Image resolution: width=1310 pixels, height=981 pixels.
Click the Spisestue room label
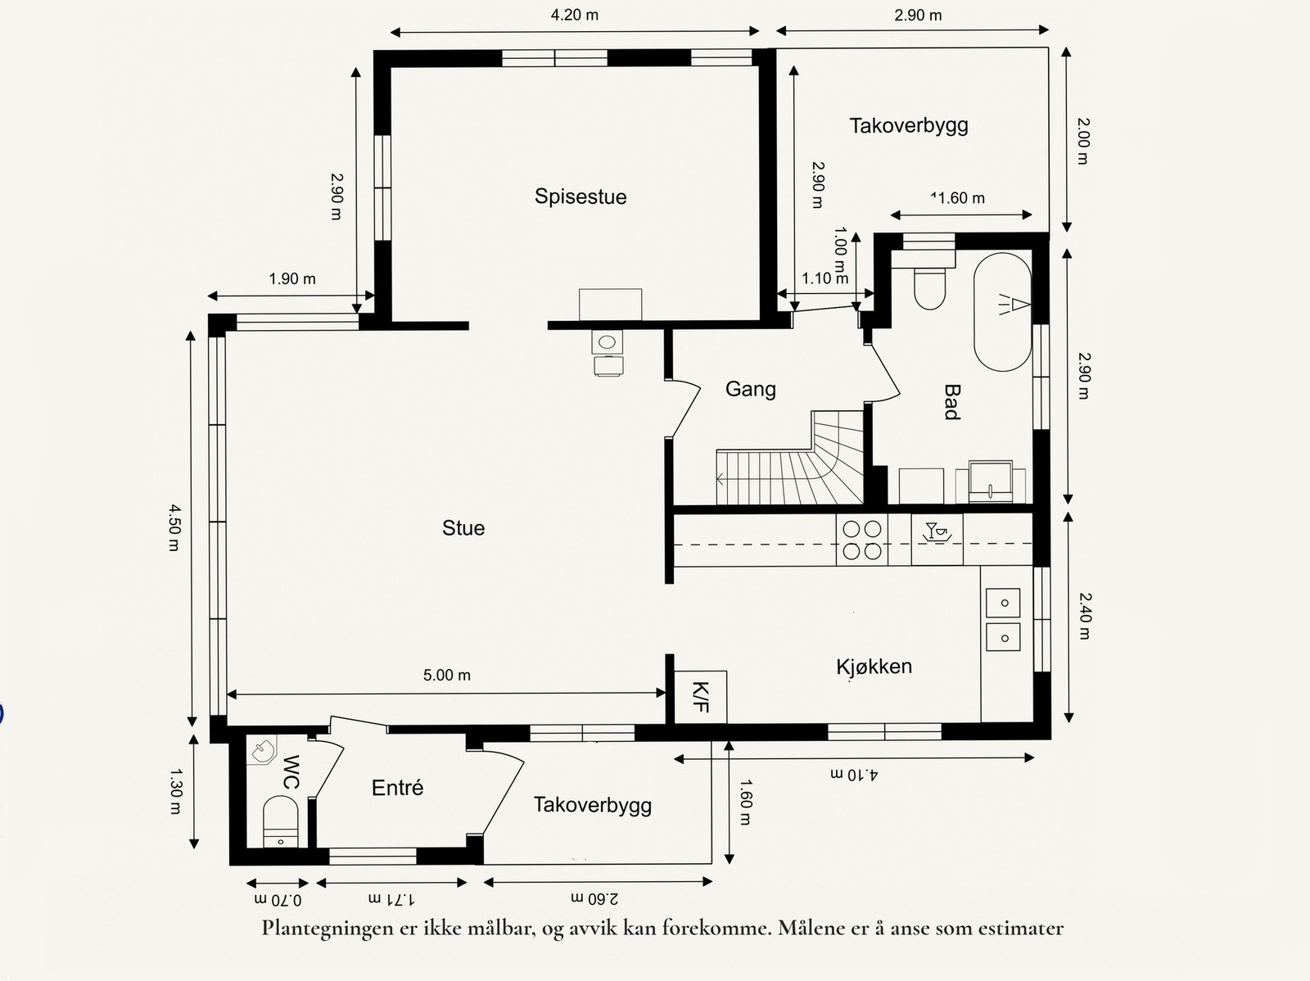click(x=580, y=197)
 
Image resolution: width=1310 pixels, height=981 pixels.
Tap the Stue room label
click(x=463, y=528)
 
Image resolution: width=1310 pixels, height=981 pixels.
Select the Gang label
click(x=750, y=389)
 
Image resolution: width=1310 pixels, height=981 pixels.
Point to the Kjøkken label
click(x=874, y=667)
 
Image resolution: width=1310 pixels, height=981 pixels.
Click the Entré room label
click(x=397, y=788)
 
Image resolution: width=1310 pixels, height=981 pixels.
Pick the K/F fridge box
click(x=700, y=697)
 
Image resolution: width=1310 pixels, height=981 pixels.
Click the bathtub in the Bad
click(x=1003, y=312)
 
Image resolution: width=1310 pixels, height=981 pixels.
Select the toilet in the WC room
click(x=281, y=821)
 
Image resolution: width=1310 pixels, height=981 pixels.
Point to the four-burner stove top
click(x=862, y=540)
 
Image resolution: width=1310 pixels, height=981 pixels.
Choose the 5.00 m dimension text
click(x=447, y=675)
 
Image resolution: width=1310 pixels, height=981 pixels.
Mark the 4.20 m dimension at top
click(x=574, y=15)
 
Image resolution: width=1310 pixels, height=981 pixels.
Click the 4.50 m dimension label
click(x=174, y=527)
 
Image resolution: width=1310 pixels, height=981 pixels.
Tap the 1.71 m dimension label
click(x=391, y=899)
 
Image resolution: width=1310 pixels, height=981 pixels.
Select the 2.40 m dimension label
click(x=1084, y=615)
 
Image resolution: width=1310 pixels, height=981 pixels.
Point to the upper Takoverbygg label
click(x=908, y=126)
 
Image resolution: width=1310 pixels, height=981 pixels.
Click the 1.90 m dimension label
click(x=291, y=278)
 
